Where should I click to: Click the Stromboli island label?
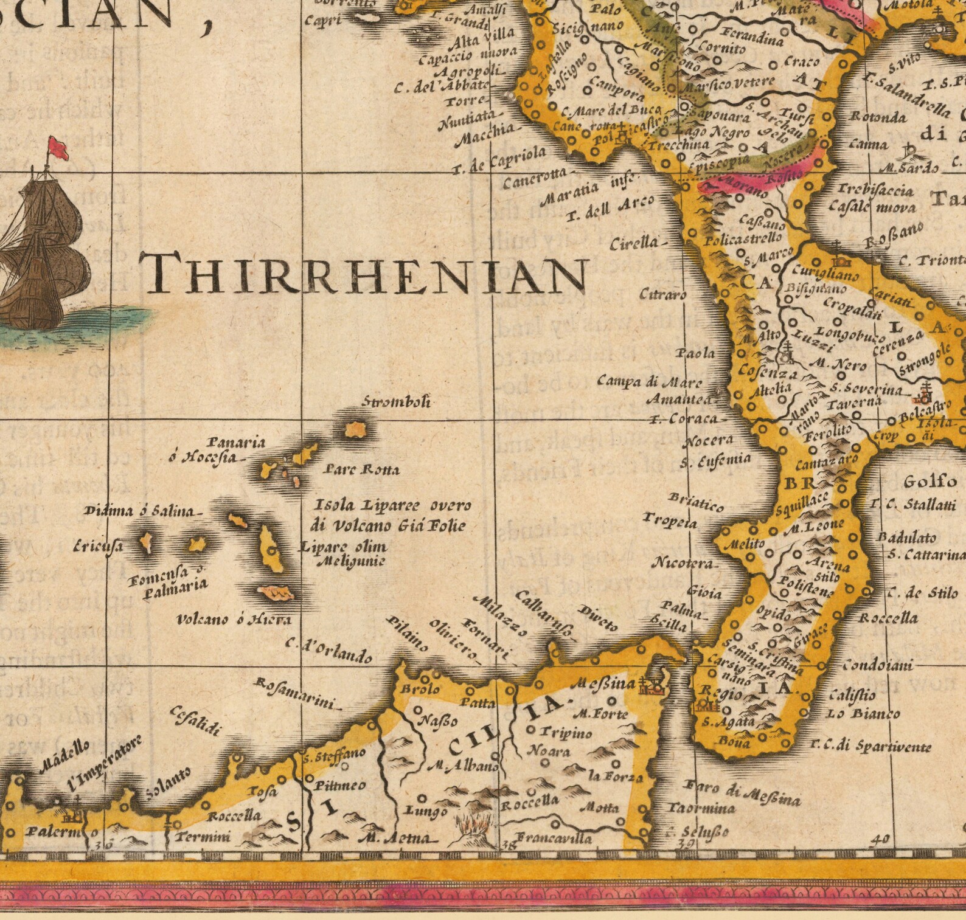pyautogui.click(x=397, y=402)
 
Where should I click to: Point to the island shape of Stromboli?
pyautogui.click(x=354, y=430)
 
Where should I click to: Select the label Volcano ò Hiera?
pyautogui.click(x=234, y=620)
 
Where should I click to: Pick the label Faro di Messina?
pyautogui.click(x=742, y=792)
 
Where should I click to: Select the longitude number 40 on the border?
pyautogui.click(x=880, y=840)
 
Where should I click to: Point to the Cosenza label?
pyautogui.click(x=768, y=370)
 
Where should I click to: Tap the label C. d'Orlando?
pyautogui.click(x=329, y=651)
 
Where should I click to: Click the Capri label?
pyautogui.click(x=322, y=20)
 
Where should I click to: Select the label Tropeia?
pyautogui.click(x=670, y=521)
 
